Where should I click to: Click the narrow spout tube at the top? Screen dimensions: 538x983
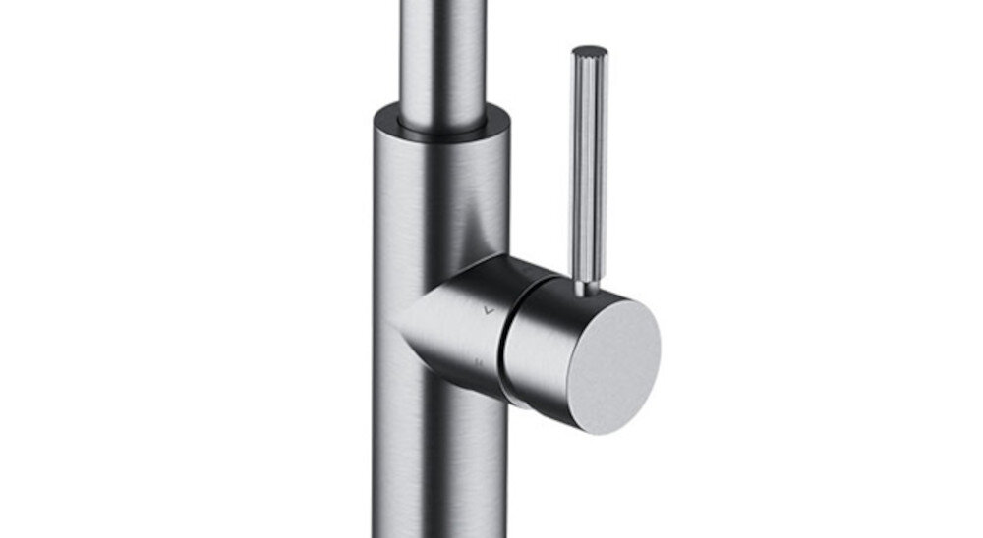tap(442, 49)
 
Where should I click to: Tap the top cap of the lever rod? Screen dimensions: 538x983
tap(590, 50)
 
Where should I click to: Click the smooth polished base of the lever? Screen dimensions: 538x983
tap(587, 284)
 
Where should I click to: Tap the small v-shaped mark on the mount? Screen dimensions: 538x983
tap(488, 309)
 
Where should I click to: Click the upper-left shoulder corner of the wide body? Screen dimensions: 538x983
tap(376, 123)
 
